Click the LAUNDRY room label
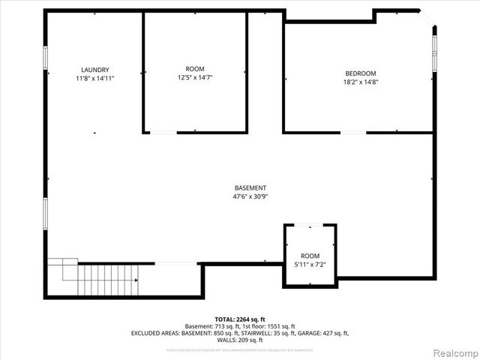pos(95,70)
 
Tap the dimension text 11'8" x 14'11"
pos(95,78)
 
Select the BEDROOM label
pos(359,73)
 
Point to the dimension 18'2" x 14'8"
pos(359,82)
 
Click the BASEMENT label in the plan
pos(250,188)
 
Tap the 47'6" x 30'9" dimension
pos(250,196)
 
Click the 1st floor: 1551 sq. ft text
pos(277,325)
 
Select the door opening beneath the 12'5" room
pos(163,133)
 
